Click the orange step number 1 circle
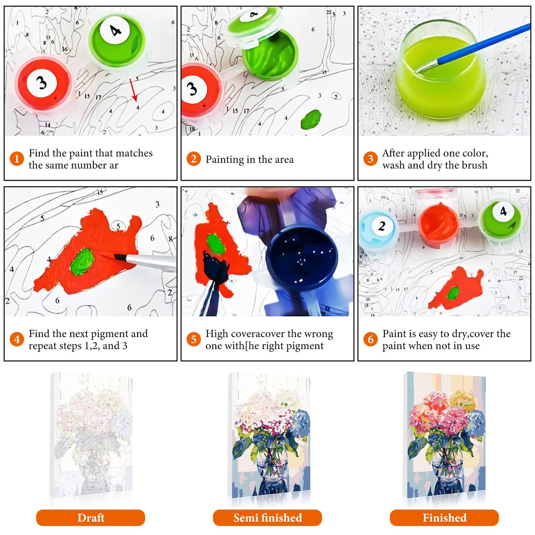coord(17,159)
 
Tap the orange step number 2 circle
coord(193,159)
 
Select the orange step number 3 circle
coord(370,159)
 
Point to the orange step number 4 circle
coord(17,339)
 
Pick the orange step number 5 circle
coord(193,339)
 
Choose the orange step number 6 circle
coord(370,339)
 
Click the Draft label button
coord(90,518)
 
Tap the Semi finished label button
coord(267,518)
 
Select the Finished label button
coord(444,518)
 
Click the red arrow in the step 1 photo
coord(133,90)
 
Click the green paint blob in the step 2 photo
coord(311,119)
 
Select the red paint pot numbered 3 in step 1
coord(43,84)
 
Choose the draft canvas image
coord(91,436)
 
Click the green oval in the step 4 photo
coord(82,261)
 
